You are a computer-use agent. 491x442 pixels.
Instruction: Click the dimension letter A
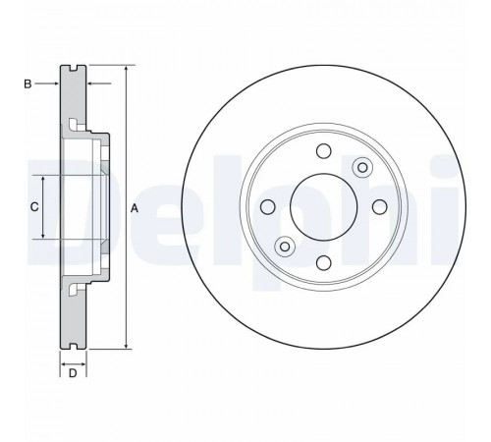point(135,208)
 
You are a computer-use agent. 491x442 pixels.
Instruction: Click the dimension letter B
point(27,84)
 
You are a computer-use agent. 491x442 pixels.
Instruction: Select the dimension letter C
point(34,207)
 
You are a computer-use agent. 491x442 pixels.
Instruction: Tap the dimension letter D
point(73,373)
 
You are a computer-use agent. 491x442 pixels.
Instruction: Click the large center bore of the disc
point(324,207)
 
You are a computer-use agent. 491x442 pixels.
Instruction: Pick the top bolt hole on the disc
point(324,151)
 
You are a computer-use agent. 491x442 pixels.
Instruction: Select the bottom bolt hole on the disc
point(324,263)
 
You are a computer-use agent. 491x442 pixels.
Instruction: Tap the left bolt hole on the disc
point(268,207)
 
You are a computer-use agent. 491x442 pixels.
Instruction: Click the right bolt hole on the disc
point(380,207)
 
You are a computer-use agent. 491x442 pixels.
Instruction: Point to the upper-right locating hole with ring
point(362,168)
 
